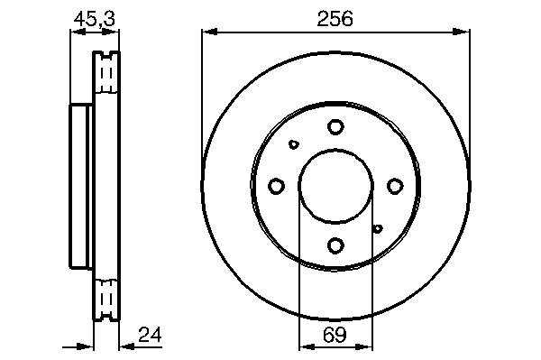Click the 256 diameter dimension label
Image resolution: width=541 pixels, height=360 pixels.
(x=335, y=19)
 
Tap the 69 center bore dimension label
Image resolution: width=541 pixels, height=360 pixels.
(x=335, y=335)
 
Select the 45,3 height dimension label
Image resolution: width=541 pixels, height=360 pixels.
(x=94, y=19)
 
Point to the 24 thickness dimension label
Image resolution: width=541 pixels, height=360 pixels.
(x=150, y=335)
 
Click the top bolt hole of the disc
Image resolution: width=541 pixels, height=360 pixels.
(x=335, y=127)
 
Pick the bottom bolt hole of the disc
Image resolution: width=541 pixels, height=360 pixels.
(x=335, y=245)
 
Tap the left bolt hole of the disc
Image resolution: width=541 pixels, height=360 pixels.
(x=276, y=186)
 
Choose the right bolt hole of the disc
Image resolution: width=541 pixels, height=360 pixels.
(x=395, y=186)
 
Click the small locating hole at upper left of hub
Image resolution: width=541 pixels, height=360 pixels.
(x=294, y=144)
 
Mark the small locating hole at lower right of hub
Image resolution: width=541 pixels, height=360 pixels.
(x=378, y=228)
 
